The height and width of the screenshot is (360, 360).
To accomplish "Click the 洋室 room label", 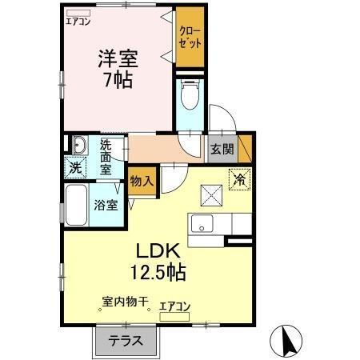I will click(x=117, y=58).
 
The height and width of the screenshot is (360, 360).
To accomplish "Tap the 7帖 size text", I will click(x=117, y=80).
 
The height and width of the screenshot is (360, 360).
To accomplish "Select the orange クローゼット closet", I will click(x=190, y=36).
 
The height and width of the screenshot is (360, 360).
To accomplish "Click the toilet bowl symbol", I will click(x=190, y=98).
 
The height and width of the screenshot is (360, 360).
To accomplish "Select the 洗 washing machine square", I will click(x=74, y=168).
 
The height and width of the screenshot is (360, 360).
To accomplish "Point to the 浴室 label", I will click(x=106, y=204).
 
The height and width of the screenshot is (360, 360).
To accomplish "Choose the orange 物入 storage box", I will click(x=142, y=182).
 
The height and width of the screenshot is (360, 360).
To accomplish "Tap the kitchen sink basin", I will click(x=200, y=222).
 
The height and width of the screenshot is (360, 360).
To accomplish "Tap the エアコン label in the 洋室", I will click(x=78, y=22).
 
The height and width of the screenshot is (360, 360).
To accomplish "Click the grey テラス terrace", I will click(x=129, y=341).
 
